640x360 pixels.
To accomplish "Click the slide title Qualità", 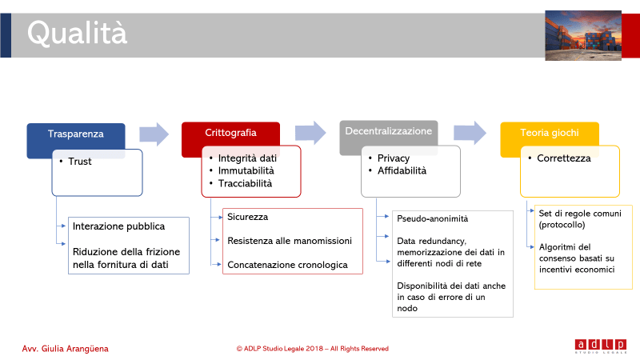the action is tap(77, 33).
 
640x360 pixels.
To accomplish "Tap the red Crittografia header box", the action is tap(230, 133).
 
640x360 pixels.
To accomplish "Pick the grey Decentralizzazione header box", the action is tap(389, 131).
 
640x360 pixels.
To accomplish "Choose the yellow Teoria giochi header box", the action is tap(550, 133).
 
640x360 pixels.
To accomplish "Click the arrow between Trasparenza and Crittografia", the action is tap(154, 134).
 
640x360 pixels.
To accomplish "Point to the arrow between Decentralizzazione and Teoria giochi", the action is tap(470, 133).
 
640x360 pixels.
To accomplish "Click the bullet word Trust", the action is tap(79, 162).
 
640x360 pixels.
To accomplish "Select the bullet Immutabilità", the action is tap(246, 170).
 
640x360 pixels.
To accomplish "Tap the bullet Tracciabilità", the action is tap(245, 183).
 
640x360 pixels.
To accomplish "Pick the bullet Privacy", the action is tap(393, 158).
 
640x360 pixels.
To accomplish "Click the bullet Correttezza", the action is tap(564, 158).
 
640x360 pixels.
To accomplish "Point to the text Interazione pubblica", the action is tap(118, 226).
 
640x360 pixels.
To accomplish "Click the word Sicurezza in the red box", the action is tap(248, 217).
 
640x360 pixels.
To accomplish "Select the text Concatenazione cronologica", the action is tap(287, 265).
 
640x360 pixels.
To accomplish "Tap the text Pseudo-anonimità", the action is tap(433, 218).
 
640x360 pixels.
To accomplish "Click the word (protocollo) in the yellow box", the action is tap(562, 225).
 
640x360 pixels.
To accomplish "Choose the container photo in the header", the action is tap(583, 35).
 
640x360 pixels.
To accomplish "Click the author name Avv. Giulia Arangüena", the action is tap(66, 349).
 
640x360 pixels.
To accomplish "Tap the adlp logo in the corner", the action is tap(601, 346).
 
